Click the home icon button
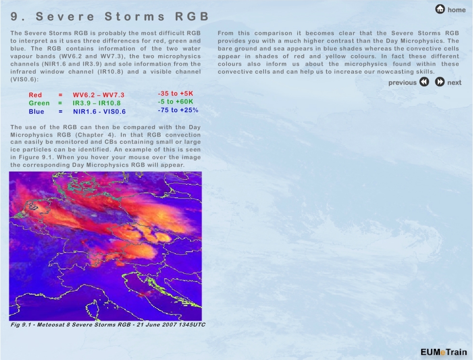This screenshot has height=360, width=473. [x=440, y=9]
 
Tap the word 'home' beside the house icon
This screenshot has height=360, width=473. [x=456, y=10]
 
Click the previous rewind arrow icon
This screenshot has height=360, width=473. [x=424, y=82]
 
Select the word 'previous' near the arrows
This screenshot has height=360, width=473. [x=402, y=83]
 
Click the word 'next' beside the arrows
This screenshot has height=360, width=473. [x=454, y=83]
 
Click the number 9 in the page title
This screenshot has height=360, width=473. [x=14, y=17]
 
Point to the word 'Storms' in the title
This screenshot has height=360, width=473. [x=135, y=17]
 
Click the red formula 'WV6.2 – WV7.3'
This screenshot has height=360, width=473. [x=99, y=95]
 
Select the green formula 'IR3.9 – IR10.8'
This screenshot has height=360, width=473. [x=97, y=103]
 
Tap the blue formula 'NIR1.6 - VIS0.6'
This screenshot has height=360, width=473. [x=99, y=111]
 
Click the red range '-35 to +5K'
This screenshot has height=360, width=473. [x=175, y=94]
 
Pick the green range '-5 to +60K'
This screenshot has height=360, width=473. [x=175, y=102]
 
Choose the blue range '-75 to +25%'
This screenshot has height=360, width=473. [x=178, y=110]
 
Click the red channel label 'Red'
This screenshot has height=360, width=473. [x=35, y=95]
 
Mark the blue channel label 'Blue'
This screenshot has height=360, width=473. [x=36, y=111]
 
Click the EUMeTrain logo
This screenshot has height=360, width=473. [x=444, y=352]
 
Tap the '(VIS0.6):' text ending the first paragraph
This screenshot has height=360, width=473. [x=24, y=80]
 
